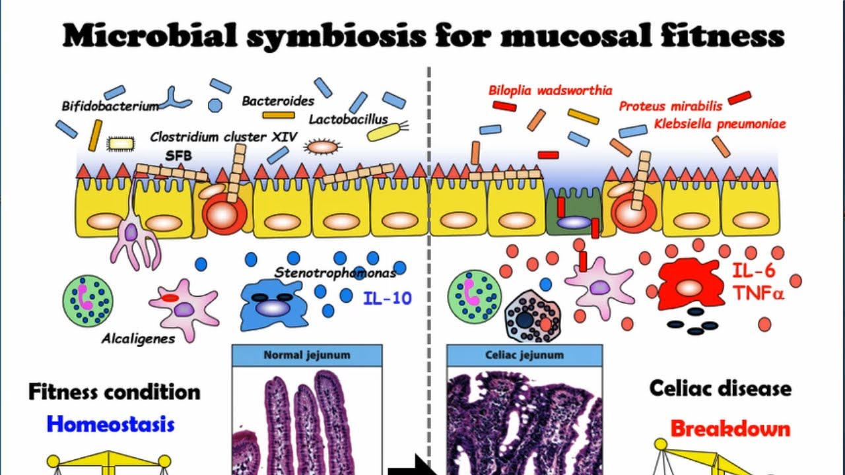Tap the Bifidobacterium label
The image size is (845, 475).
tap(110, 106)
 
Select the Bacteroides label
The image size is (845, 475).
tap(278, 101)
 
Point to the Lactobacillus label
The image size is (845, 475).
tap(349, 119)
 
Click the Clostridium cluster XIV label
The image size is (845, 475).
tap(224, 137)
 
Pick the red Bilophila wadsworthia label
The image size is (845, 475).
tap(550, 90)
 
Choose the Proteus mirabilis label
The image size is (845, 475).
tap(671, 106)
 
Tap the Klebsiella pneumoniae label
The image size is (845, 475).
tap(720, 123)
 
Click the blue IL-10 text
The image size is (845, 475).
tap(387, 298)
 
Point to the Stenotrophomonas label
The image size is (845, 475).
tap(335, 272)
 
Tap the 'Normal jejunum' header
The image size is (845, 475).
tap(307, 355)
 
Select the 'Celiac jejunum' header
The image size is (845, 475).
tap(524, 355)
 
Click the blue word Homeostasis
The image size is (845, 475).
tap(111, 423)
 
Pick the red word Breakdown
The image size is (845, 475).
tap(730, 428)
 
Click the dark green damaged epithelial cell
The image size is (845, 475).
tap(573, 212)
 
